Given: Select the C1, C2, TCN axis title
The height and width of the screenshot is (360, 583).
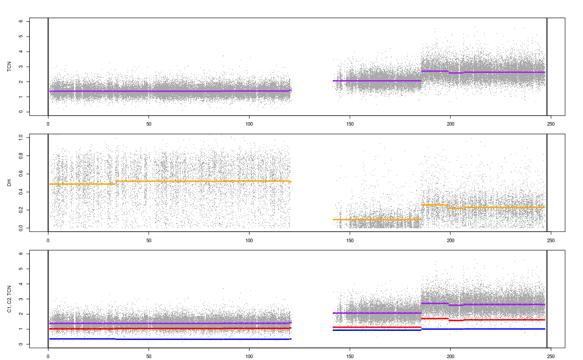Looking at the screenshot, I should (9, 299).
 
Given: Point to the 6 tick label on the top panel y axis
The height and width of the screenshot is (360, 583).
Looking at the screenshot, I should (21, 21).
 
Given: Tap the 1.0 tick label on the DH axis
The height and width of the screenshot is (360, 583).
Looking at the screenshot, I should (21, 137).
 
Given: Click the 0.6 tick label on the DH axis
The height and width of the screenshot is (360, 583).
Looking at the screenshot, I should (21, 174).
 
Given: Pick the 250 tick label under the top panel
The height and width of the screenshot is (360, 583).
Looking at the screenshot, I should (551, 124).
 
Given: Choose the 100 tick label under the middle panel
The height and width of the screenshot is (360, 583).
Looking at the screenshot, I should (250, 240).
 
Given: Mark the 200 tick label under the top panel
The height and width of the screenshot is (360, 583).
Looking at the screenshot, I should (451, 124).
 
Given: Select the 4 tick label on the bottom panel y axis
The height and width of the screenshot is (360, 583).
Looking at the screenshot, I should (21, 284).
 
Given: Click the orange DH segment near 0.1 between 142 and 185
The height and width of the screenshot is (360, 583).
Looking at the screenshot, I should (377, 220).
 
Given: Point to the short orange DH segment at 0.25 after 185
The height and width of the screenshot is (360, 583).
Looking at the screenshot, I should (434, 205).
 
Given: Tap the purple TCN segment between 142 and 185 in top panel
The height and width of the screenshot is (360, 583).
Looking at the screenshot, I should (377, 81).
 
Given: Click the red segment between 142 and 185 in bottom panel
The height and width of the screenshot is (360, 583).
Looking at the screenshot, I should (377, 327).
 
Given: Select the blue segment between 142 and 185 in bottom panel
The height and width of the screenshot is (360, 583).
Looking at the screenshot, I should (377, 330).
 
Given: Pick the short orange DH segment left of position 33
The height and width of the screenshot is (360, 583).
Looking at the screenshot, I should (82, 184).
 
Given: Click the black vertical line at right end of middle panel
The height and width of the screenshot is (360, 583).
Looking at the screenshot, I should (547, 182).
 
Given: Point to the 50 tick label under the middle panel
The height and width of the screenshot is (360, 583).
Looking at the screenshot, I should (149, 240).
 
